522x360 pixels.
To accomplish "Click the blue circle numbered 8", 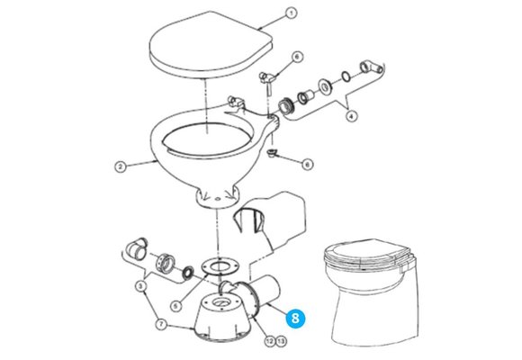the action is pos(295,318).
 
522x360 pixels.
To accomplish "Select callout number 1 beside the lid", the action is pos(291,13).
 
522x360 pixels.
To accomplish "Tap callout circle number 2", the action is pos(121,166).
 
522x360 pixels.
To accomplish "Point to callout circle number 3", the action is pos(140,285).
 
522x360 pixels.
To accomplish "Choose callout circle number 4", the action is pos(351,116).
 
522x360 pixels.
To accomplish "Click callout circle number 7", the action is pos(161,324).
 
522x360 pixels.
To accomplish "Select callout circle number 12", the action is pos(270,341).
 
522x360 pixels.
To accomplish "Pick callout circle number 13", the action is pos(281,341).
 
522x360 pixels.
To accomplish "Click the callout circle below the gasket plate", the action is pos(176,305).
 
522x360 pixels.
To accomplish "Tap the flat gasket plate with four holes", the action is pos(220,265).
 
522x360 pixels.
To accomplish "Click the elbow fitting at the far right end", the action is pos(371,67).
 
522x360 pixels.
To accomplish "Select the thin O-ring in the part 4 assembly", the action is pos(346,76).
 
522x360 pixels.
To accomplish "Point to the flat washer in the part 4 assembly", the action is pos(325,86).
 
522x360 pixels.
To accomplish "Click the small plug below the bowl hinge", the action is pos(273,154).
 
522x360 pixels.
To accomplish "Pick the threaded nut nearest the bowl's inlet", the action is pos(285,105).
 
